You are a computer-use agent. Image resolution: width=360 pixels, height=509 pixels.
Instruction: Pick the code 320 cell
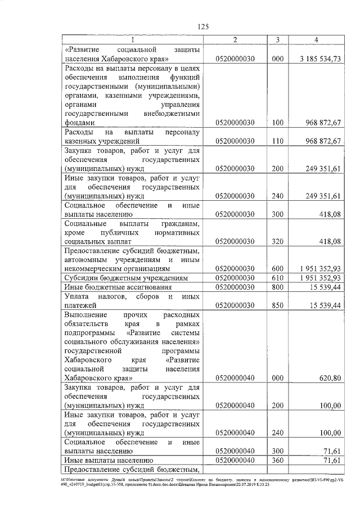tap(276, 242)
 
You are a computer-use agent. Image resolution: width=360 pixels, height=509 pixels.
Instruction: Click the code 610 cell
tap(276, 278)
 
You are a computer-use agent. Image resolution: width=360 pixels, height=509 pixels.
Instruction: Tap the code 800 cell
tap(276, 287)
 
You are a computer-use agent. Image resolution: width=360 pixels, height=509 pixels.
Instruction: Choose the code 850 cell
tap(276, 305)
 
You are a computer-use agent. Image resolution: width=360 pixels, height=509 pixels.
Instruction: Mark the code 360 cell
tap(276, 460)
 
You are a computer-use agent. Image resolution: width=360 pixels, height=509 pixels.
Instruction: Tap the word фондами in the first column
tap(80, 123)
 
